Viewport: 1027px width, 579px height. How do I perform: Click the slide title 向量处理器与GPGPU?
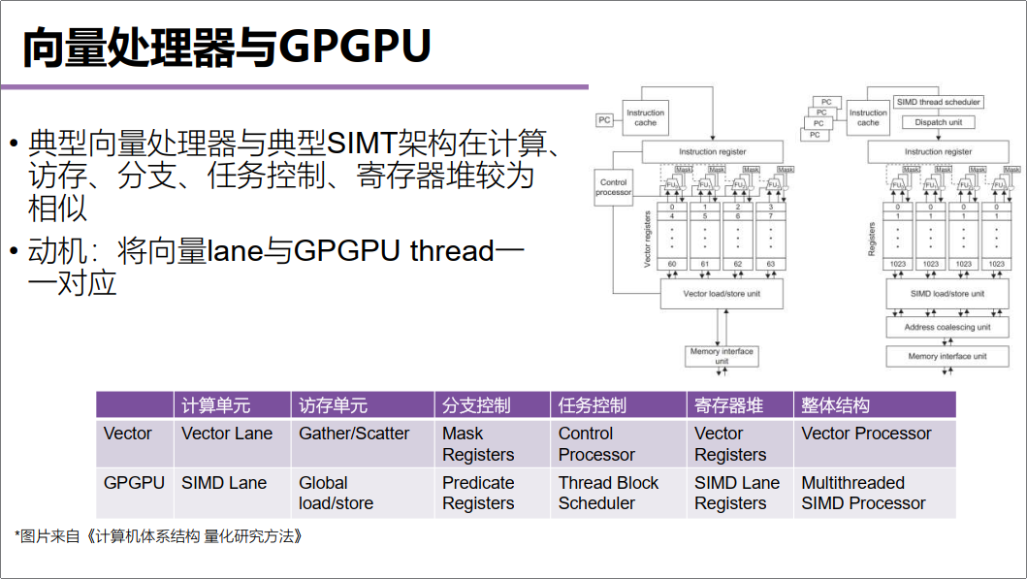(x=226, y=47)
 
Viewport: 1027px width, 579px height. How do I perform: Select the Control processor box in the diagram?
(x=613, y=187)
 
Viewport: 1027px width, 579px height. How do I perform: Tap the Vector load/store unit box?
(x=721, y=294)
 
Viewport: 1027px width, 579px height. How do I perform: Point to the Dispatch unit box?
(x=938, y=122)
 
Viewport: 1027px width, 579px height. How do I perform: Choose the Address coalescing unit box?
(x=947, y=328)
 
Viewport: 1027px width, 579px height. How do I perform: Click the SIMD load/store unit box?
(x=947, y=294)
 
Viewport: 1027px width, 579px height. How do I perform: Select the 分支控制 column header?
(x=476, y=405)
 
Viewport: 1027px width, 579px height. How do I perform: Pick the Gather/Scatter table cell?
(x=354, y=434)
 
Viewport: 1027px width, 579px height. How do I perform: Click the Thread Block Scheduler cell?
(x=608, y=493)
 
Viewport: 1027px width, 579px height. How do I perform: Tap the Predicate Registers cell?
(x=478, y=493)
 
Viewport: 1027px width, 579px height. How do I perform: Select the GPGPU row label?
(x=134, y=482)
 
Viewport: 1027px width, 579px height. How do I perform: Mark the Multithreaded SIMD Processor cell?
(x=863, y=493)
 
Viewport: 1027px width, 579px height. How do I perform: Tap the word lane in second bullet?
(x=235, y=251)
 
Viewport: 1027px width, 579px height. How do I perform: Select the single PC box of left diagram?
(x=605, y=120)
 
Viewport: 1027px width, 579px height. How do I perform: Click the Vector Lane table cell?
(x=227, y=434)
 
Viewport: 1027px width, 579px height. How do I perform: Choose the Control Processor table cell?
(x=596, y=444)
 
